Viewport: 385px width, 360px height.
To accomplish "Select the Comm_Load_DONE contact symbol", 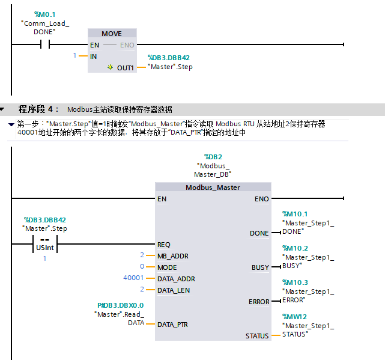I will click(44, 44).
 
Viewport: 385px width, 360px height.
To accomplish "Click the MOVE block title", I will click(112, 34).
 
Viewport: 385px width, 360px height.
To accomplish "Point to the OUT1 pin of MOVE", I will click(125, 68).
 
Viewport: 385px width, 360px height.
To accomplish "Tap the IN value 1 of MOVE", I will click(75, 56).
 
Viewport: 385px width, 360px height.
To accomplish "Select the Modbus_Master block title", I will click(213, 188).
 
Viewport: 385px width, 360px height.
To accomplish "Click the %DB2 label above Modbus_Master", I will click(213, 156).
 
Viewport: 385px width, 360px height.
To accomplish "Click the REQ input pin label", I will click(164, 245).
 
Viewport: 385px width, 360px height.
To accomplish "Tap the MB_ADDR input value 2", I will click(142, 256).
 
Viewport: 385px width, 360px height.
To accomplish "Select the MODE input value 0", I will click(142, 267).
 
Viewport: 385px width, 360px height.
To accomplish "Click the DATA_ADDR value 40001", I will click(133, 278).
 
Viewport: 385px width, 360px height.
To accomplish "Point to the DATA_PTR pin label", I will click(172, 325).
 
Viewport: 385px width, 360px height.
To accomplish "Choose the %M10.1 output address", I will click(295, 213).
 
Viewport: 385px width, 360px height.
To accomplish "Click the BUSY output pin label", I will click(260, 267).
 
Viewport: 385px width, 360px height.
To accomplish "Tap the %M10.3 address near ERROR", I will click(295, 282).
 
